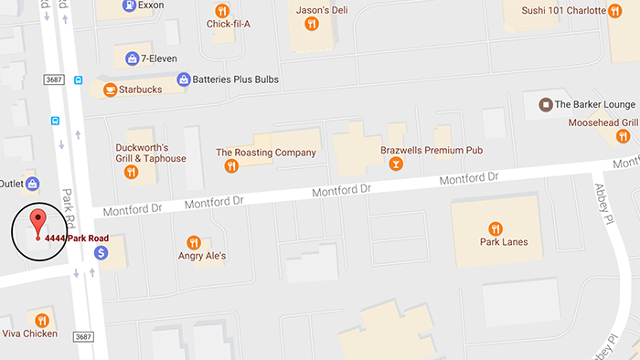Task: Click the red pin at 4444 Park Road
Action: point(37,222)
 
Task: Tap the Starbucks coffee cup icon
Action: point(111,90)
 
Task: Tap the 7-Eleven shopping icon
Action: point(133,58)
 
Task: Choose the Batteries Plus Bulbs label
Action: point(235,79)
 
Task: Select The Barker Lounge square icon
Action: point(545,104)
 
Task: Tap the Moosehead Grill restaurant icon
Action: point(624,137)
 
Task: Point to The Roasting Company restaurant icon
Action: point(231,166)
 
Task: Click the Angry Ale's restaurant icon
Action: point(193,242)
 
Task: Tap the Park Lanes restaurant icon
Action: point(496,228)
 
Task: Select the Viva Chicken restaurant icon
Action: point(42,319)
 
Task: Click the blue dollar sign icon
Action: point(101,251)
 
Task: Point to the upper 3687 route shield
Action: point(56,79)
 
